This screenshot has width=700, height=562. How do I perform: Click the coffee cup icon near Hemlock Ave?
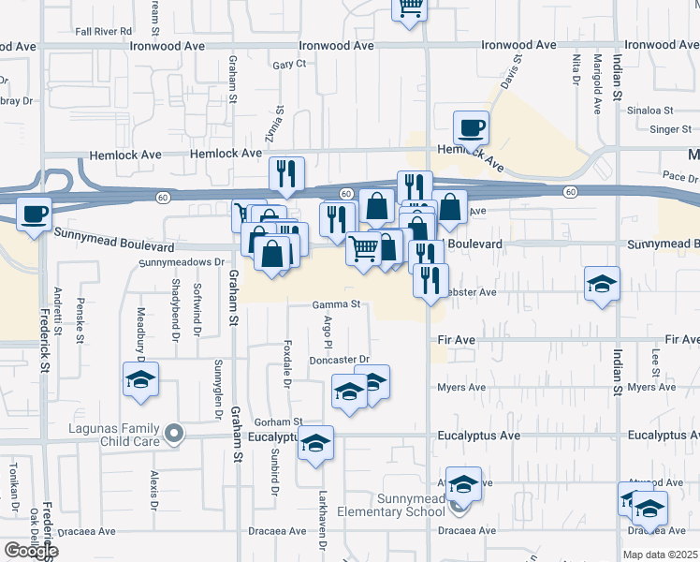tap(471, 127)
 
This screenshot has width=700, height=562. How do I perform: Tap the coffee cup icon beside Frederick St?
tap(35, 214)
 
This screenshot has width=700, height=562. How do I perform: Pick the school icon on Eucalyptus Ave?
tap(315, 443)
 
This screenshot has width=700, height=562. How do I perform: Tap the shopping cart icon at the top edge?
tap(409, 7)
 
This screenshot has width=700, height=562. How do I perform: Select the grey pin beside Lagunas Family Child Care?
tap(173, 434)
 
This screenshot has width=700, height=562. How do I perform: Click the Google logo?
tap(31, 550)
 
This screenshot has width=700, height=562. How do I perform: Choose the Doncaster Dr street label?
tap(339, 360)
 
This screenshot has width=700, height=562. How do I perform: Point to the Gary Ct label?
tap(289, 64)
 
